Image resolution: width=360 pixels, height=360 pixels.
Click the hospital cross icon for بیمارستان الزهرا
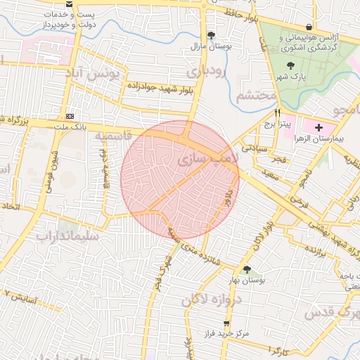(319, 127)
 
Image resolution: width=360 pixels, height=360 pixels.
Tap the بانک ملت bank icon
(70, 115)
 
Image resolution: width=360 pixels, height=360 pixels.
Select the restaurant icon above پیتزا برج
(278, 112)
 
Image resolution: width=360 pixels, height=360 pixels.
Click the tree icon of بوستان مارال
(212, 35)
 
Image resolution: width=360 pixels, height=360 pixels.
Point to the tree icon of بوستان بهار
(246, 269)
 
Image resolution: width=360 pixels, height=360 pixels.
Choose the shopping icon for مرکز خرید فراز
(226, 324)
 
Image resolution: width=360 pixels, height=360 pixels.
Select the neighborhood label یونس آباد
(98, 72)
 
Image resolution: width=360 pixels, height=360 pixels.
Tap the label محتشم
(252, 96)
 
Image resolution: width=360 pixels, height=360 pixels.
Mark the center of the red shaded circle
(180, 179)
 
